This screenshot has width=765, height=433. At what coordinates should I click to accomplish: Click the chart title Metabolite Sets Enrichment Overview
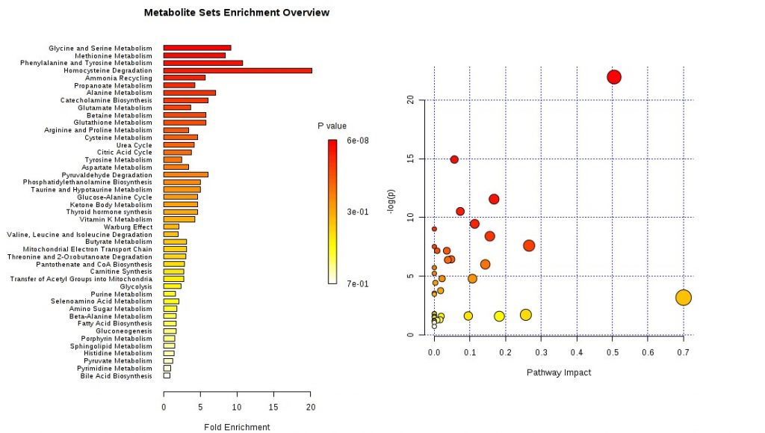click(x=236, y=13)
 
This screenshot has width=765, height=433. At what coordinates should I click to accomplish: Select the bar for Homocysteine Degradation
click(x=238, y=70)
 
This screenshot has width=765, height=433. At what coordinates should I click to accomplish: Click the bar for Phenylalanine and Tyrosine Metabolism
click(x=202, y=63)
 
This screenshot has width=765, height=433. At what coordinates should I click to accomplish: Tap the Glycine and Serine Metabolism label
click(x=100, y=49)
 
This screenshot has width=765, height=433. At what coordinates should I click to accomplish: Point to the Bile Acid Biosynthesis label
click(x=116, y=375)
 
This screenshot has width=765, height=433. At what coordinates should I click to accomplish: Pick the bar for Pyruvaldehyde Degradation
click(x=185, y=174)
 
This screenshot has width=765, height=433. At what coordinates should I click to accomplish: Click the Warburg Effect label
click(x=128, y=227)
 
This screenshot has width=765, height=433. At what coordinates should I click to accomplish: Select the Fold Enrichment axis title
click(x=237, y=427)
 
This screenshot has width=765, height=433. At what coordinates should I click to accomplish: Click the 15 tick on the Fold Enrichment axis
click(x=274, y=407)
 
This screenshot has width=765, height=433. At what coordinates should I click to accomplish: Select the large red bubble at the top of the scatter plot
click(x=614, y=77)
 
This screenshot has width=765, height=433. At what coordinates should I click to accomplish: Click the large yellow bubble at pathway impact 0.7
click(x=683, y=298)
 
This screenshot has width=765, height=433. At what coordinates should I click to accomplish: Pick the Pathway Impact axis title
click(x=558, y=372)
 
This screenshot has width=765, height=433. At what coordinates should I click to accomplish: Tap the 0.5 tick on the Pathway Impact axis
click(x=612, y=350)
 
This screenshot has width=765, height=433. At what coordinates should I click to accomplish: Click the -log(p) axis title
click(x=391, y=204)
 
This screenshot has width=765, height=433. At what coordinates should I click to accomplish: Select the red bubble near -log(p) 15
click(x=454, y=159)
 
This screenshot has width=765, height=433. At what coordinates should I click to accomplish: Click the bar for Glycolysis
click(x=172, y=286)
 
